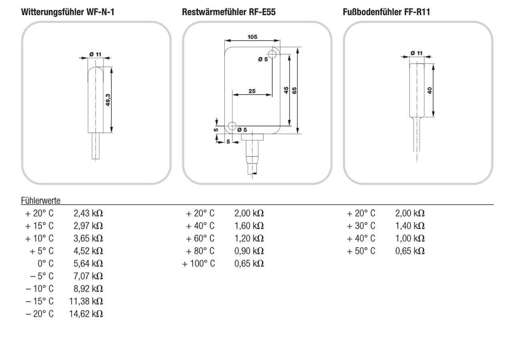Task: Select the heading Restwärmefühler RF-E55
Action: [228, 12]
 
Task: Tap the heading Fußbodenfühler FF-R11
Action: [386, 12]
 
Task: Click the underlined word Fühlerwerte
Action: [40, 200]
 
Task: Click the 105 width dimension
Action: [252, 37]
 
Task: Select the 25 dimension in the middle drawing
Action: [252, 91]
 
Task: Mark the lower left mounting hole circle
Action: [232, 126]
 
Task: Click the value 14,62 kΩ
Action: [86, 314]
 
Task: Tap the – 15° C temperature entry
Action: [40, 301]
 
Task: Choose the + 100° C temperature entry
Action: [198, 264]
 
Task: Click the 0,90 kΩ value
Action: [249, 251]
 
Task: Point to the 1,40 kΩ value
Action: [410, 226]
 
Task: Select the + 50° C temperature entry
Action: [361, 251]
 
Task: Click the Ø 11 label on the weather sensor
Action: [95, 54]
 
